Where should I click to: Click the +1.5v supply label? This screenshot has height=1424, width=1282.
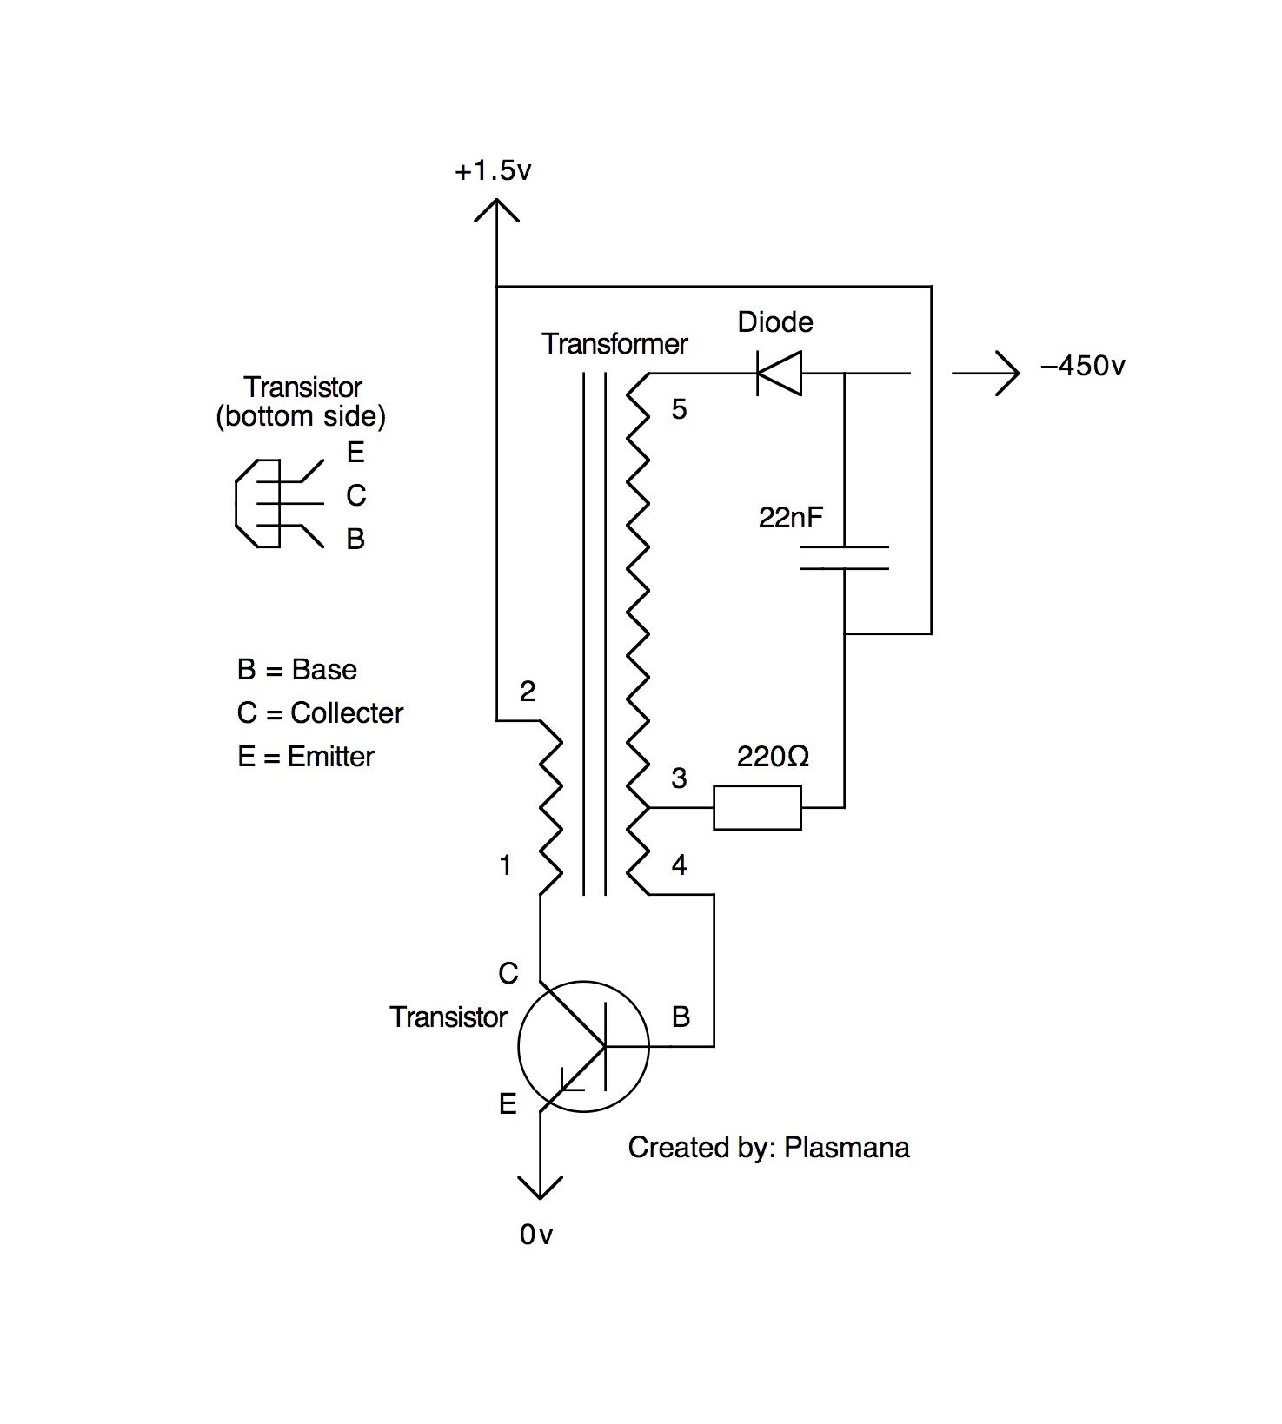[x=492, y=171]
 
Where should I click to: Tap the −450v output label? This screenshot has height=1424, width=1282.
[x=1082, y=366]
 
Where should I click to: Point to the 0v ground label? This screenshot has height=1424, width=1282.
[x=535, y=1235]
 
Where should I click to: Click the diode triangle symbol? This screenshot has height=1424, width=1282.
[x=779, y=374]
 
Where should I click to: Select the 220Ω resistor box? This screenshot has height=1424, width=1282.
[x=757, y=807]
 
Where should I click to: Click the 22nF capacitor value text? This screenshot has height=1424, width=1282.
[x=790, y=518]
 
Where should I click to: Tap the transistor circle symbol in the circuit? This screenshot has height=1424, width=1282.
[x=583, y=1046]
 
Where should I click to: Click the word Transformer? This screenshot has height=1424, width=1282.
[x=614, y=344]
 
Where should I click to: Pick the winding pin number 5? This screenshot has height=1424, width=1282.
[x=679, y=409]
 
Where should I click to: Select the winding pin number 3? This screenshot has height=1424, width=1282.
[x=679, y=778]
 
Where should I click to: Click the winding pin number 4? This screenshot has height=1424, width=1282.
[x=679, y=865]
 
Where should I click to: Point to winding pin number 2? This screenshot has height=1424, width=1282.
[x=527, y=692]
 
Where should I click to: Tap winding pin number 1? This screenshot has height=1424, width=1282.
[x=505, y=865]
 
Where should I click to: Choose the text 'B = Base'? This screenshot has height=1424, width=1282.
[x=296, y=670]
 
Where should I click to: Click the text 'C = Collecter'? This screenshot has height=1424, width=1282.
[x=320, y=713]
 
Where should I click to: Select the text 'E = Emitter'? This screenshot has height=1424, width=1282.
[x=305, y=757]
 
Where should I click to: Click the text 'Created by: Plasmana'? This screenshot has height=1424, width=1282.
[x=768, y=1148]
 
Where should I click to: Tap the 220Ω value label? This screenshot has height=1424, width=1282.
[x=773, y=757]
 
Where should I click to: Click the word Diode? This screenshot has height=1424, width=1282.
[x=775, y=322]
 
